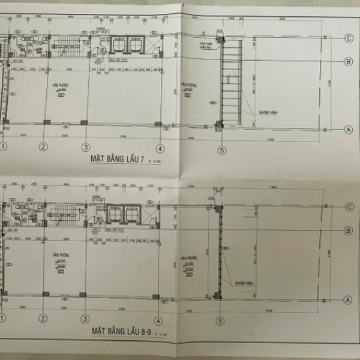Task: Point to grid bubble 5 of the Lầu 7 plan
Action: click(x=222, y=151)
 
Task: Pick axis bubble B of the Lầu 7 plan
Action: click(x=348, y=61)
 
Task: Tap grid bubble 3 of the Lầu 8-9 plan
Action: click(x=86, y=317)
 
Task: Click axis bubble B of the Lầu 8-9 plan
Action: click(x=348, y=230)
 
